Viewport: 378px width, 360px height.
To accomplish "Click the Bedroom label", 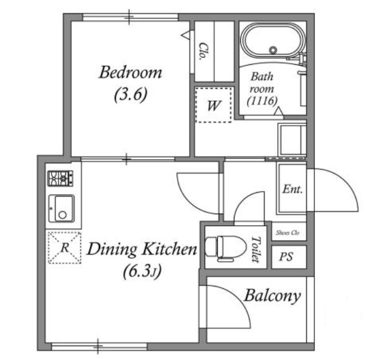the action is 130,72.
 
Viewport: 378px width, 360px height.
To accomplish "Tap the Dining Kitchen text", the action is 142,249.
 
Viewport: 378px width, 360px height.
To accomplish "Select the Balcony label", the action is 273,296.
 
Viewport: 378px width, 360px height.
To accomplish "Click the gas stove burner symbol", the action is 60,178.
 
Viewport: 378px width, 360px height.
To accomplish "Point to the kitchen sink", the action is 61,209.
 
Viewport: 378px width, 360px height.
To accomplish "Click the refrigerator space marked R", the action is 65,248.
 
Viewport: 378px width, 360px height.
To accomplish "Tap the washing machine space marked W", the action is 214,105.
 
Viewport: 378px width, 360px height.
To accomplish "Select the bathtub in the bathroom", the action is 273,41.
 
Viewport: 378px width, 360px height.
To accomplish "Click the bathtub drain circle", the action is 273,50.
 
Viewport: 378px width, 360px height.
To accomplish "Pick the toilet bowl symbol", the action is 226,248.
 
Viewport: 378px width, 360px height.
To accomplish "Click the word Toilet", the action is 256,249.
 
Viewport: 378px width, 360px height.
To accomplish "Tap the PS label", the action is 287,256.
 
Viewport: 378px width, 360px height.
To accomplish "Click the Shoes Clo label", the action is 288,233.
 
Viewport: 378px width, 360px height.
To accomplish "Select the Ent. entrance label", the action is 292,189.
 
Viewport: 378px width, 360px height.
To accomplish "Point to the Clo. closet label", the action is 203,51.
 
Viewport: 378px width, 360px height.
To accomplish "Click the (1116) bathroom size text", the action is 262,101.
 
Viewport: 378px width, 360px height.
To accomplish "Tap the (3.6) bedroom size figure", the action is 130,94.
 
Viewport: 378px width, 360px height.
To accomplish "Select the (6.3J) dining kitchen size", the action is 142,272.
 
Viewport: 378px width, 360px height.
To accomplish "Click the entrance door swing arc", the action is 347,183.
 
